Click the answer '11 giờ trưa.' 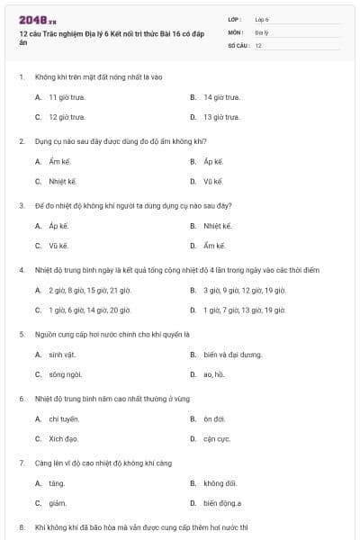coord(67,96)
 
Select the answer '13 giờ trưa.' coord(221,117)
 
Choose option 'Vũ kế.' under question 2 coord(212,181)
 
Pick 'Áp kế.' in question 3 coord(58,225)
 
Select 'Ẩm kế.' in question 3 coord(213,246)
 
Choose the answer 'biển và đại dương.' coord(232,355)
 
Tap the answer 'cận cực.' coord(217,439)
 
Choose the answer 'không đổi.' coord(220,483)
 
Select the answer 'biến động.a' coord(222,503)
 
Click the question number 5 coord(21,334)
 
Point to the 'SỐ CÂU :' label coord(238,44)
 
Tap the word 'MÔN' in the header coord(235,31)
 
